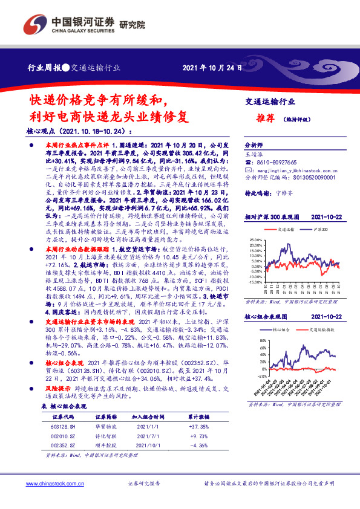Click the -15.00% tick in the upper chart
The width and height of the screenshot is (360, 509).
pos(256,282)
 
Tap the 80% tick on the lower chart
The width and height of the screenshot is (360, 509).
pos(259,342)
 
